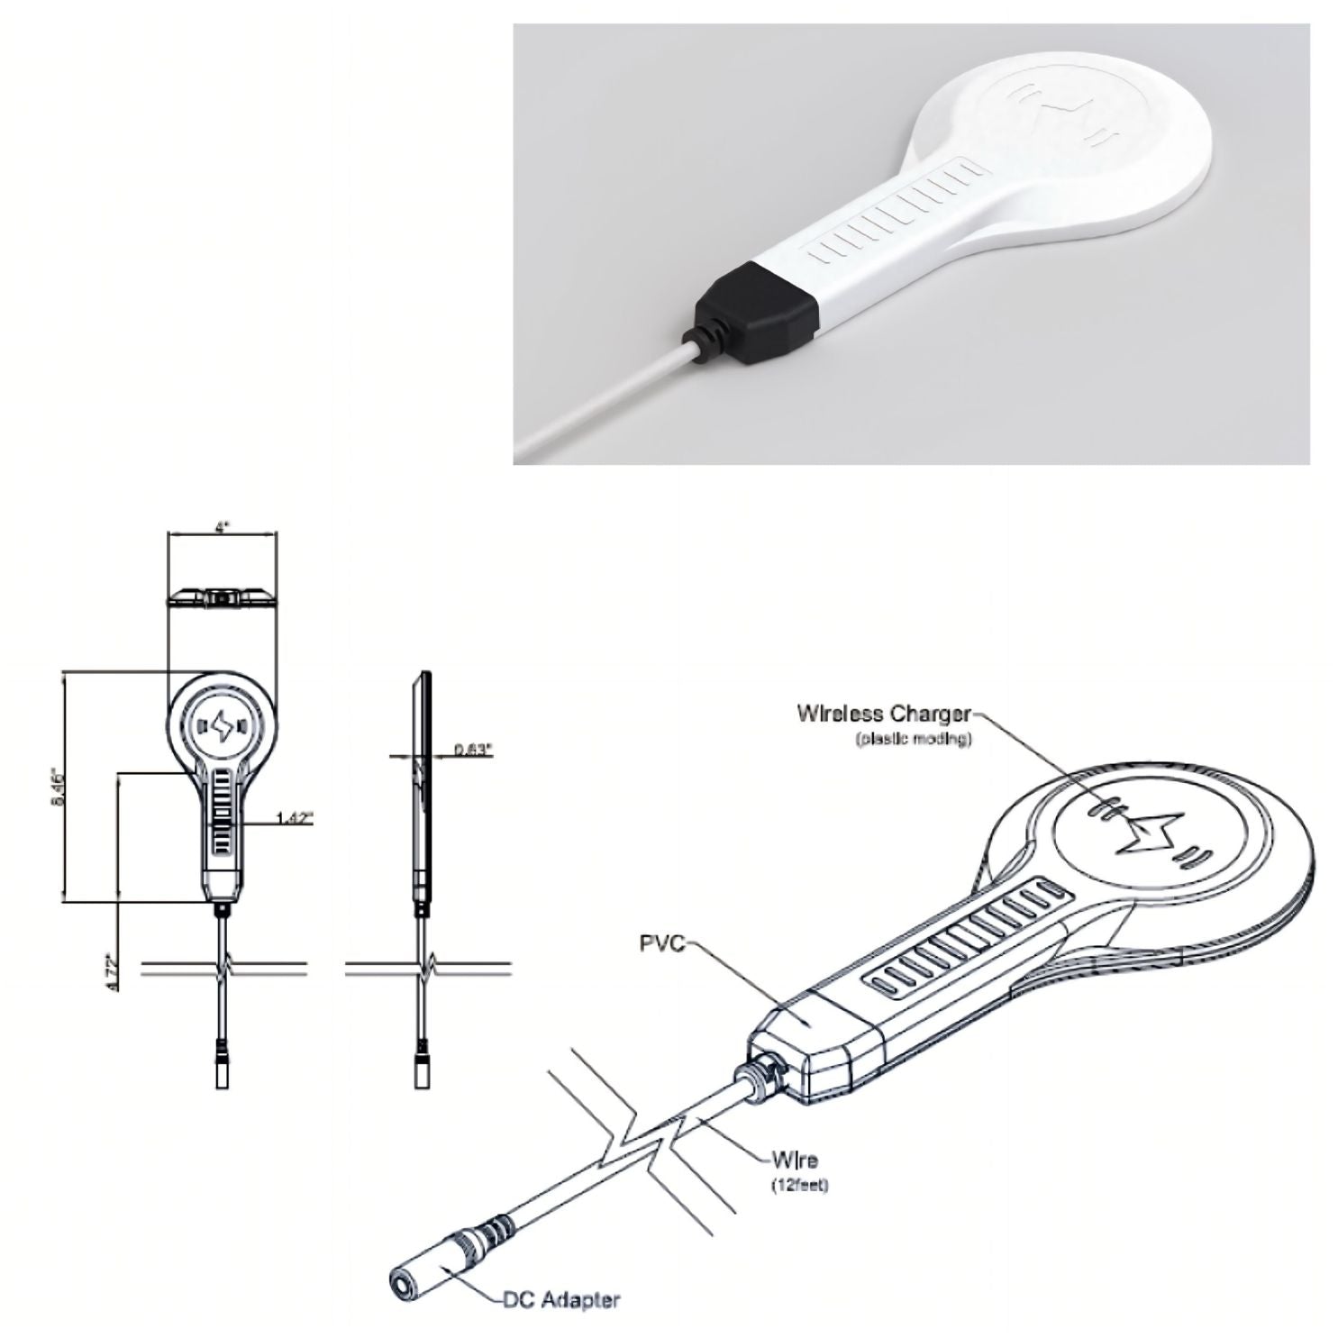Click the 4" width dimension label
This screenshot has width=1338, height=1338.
(222, 528)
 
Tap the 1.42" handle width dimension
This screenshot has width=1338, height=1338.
(293, 818)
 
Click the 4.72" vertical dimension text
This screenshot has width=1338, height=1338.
(110, 973)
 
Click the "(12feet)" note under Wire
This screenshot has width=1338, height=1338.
(798, 1185)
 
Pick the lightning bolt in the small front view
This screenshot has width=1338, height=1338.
(221, 723)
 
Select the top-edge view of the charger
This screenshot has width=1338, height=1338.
(222, 596)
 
